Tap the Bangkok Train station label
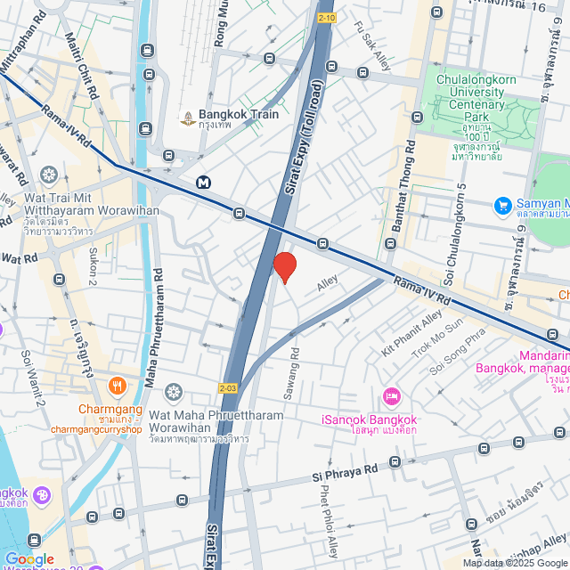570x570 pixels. pyautogui.click(x=238, y=115)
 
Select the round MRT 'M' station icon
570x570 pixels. pyautogui.click(x=205, y=183)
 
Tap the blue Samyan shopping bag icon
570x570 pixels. pyautogui.click(x=502, y=206)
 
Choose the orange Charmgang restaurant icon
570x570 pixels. pyautogui.click(x=117, y=386)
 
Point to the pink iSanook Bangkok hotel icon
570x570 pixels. pyautogui.click(x=389, y=395)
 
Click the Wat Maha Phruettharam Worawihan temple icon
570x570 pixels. pyautogui.click(x=173, y=392)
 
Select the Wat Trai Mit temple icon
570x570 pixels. pyautogui.click(x=49, y=173)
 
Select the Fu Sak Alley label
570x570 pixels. pyautogui.click(x=373, y=45)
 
